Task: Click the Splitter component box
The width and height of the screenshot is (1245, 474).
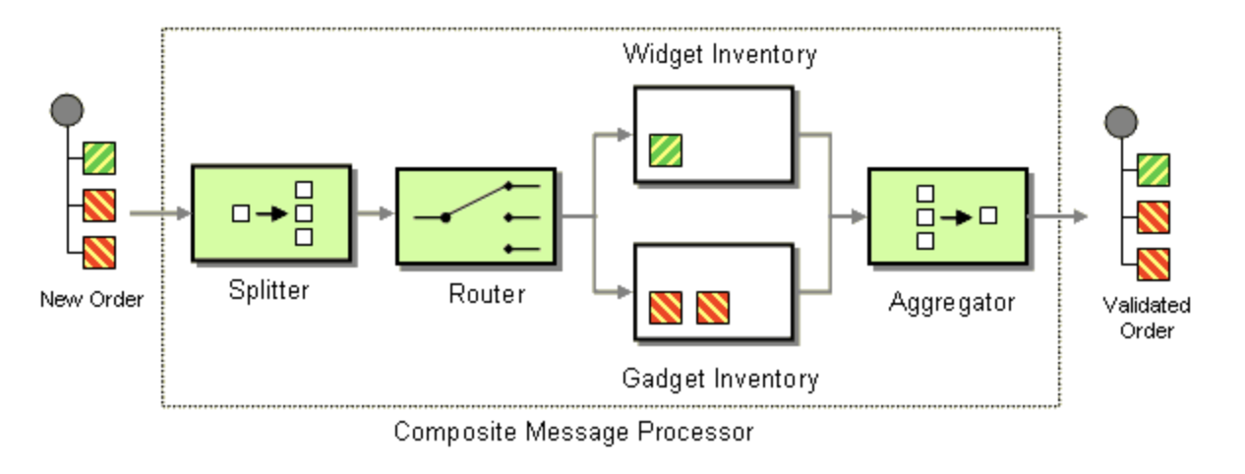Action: click(270, 213)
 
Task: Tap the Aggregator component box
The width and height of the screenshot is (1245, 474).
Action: click(947, 215)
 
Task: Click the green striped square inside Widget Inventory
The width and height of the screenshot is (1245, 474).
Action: click(667, 150)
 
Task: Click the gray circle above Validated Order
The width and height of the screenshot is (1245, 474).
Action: click(1120, 122)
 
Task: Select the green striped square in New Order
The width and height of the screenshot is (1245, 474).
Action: click(99, 158)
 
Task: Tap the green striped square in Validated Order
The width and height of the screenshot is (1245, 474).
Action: click(1153, 169)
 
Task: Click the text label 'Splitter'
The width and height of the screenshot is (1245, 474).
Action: click(268, 290)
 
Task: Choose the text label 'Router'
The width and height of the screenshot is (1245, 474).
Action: click(487, 293)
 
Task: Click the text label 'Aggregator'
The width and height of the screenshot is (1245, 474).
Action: click(951, 302)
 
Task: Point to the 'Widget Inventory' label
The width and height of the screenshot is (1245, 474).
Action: click(720, 54)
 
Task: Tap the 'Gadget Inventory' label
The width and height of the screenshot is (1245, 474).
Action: click(720, 378)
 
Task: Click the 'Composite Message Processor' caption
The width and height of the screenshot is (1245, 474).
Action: click(573, 431)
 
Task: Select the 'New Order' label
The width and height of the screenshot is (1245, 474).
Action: click(90, 299)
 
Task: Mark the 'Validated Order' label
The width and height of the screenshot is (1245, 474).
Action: click(1147, 318)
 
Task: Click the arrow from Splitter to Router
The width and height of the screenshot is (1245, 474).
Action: click(374, 213)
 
